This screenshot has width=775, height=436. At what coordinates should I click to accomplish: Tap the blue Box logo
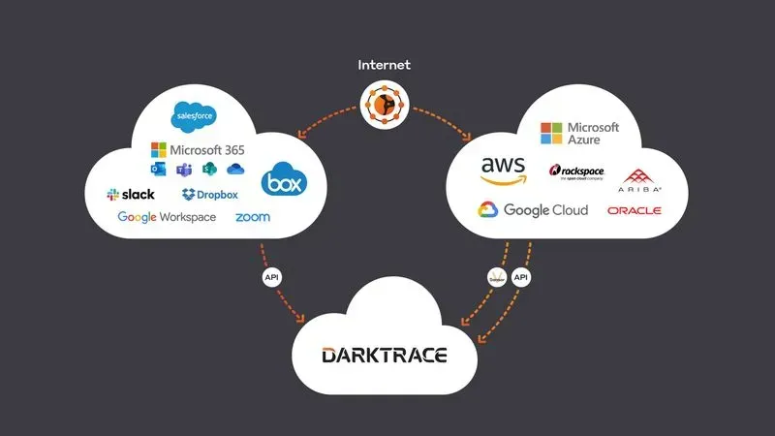[x=283, y=180]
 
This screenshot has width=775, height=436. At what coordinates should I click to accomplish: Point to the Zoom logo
[x=252, y=217]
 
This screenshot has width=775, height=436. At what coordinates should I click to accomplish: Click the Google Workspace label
[x=167, y=217]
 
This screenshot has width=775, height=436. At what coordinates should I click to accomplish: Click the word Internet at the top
[x=384, y=65]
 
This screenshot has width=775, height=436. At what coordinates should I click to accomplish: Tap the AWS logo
[x=504, y=170]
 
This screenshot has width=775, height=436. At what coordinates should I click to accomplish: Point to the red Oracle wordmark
[x=634, y=210]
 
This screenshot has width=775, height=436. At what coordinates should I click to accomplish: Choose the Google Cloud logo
[x=533, y=210]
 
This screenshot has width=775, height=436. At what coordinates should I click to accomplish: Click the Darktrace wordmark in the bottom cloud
[x=384, y=356]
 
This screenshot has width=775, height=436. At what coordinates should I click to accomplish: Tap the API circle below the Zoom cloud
[x=272, y=277]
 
